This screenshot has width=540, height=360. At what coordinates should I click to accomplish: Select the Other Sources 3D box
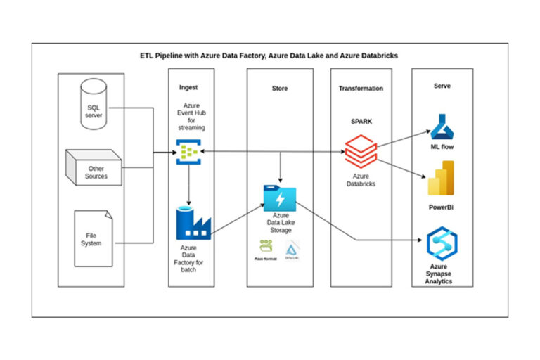[x=95, y=168]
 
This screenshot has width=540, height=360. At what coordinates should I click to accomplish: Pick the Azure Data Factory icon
[x=188, y=221]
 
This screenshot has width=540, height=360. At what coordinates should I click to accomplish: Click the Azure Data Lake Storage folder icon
[x=279, y=196]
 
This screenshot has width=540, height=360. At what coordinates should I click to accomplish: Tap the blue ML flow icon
[x=442, y=127]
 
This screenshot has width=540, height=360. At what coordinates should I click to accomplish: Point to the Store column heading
[x=279, y=89]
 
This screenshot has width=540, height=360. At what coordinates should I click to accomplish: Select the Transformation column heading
[x=361, y=89]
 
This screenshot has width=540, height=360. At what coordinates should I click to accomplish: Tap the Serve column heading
[x=442, y=86]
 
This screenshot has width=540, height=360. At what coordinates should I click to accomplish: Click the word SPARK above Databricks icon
[x=361, y=120]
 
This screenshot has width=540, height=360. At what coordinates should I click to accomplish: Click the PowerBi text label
[x=441, y=207]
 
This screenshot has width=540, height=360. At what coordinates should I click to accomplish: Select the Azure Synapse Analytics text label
[x=442, y=275]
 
